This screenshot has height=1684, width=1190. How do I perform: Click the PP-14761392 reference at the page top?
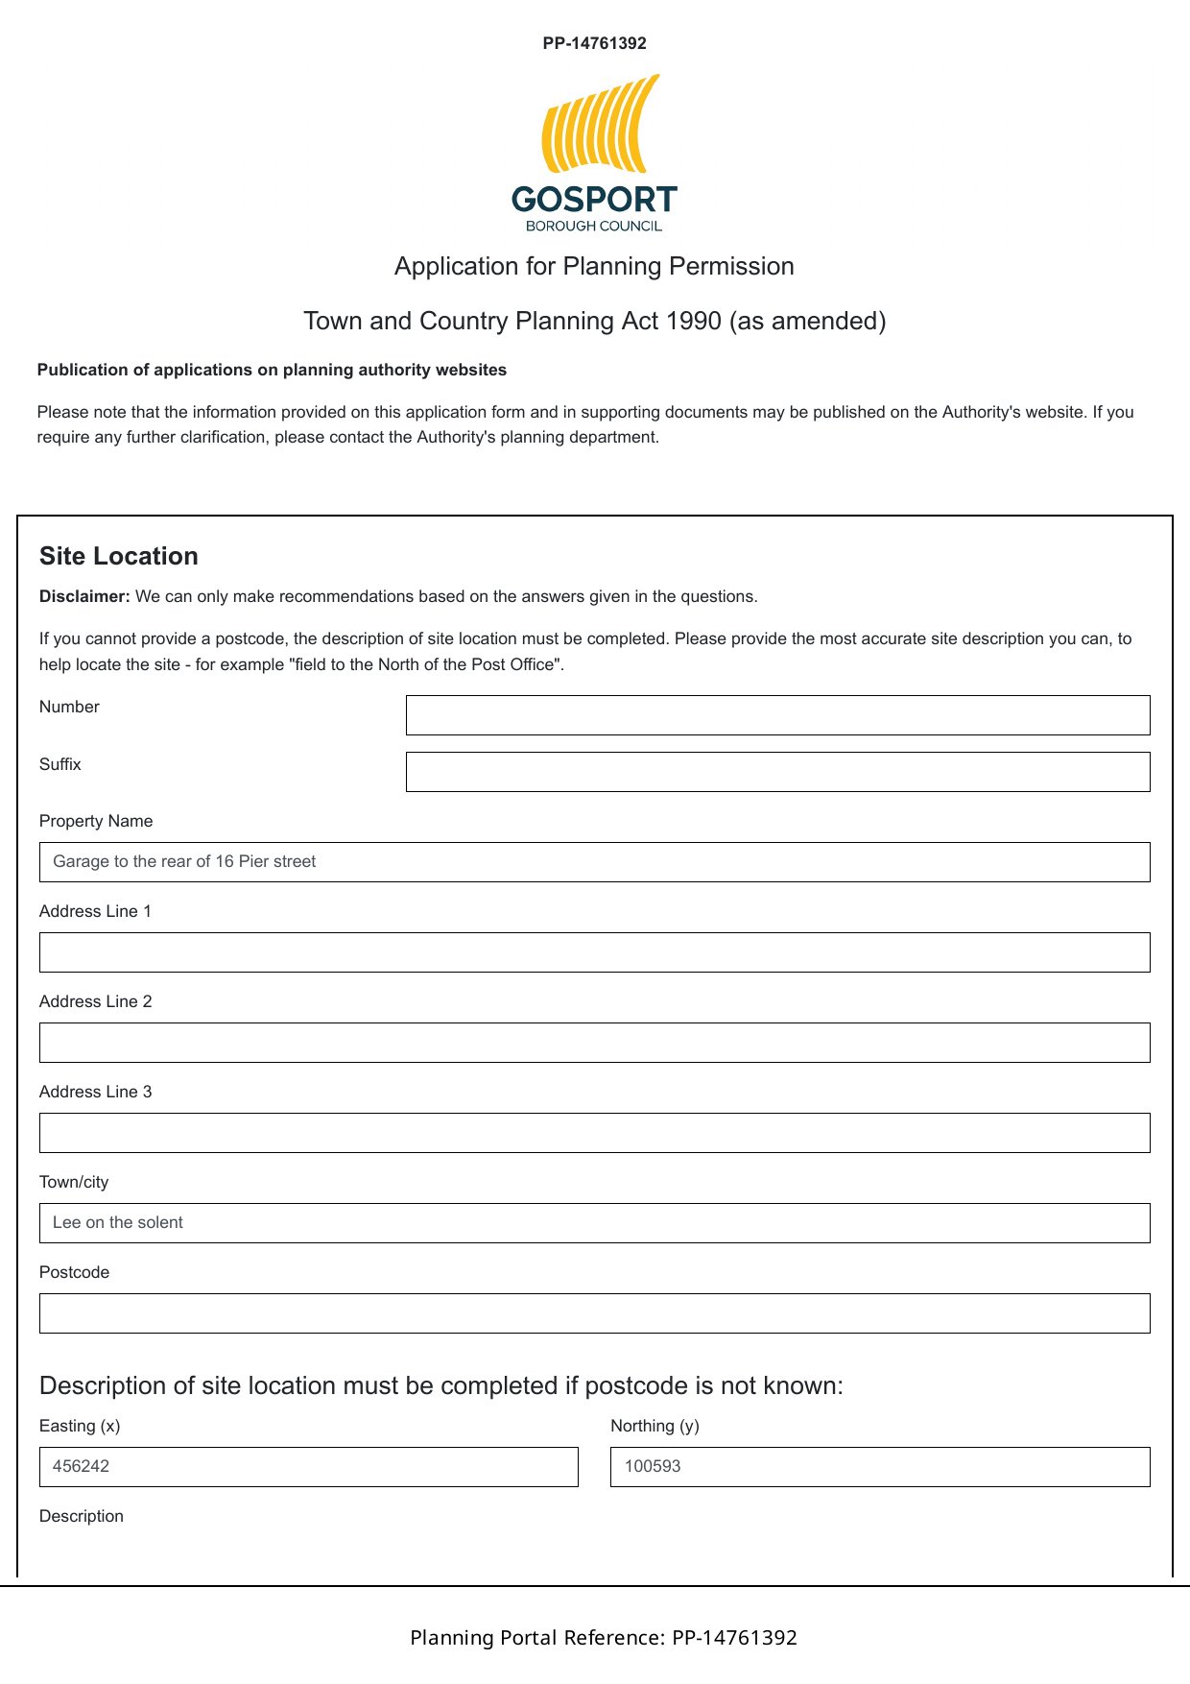[x=594, y=43]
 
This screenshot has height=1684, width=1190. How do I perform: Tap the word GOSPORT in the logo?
[x=594, y=200]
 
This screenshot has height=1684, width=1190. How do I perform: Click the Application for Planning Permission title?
[x=594, y=266]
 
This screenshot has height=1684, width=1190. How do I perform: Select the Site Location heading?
[x=119, y=556]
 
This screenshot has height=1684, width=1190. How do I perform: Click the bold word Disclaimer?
[x=84, y=596]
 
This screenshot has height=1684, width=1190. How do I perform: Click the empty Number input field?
[x=777, y=715]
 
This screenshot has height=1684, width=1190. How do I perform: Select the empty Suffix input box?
[x=777, y=772]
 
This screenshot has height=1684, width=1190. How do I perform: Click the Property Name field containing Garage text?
[x=594, y=862]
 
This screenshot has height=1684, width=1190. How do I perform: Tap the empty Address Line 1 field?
[x=594, y=952]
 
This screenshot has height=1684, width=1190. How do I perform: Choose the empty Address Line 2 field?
[x=594, y=1043]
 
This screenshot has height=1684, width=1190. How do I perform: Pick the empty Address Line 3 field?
[x=594, y=1133]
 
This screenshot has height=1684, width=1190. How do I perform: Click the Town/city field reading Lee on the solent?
[x=594, y=1223]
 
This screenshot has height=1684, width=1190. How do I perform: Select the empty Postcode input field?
[x=594, y=1313]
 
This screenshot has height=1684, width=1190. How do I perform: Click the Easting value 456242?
[x=82, y=1466]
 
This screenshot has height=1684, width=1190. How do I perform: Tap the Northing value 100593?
[x=653, y=1466]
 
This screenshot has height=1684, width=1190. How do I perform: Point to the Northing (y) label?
[x=654, y=1426]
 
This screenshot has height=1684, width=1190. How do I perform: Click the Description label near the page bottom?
[x=82, y=1516]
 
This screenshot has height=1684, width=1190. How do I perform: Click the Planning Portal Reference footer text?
[x=604, y=1637]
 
